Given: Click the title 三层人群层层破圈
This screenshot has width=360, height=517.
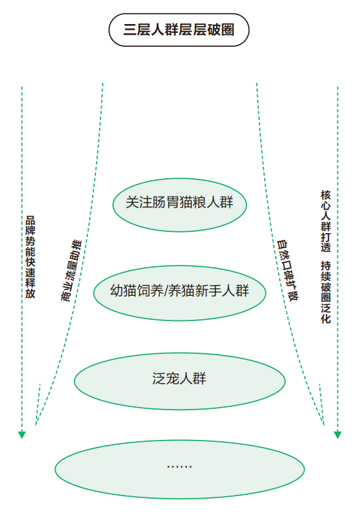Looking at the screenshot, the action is coord(179,30).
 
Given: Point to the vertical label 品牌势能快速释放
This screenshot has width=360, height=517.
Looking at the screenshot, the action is coord(30,257).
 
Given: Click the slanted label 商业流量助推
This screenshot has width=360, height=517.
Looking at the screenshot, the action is coord(71,271).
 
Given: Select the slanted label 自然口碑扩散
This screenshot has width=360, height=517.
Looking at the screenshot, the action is coord(287,271).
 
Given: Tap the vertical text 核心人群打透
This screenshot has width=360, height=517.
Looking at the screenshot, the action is coord(326,221).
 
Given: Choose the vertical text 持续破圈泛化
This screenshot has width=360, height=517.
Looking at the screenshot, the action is coord(326,292).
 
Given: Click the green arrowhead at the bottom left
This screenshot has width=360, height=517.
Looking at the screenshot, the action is coord(21,435).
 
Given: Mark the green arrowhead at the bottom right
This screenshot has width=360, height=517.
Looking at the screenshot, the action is coord(338,435).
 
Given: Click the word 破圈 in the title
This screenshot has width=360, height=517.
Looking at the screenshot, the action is coord(220,30).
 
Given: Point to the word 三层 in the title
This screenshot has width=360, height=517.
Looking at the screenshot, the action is coord(137,30).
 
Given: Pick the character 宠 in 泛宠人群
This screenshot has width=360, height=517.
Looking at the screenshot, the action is coord(172,379).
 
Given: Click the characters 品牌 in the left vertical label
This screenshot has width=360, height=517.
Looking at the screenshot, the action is coord(30,226).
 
